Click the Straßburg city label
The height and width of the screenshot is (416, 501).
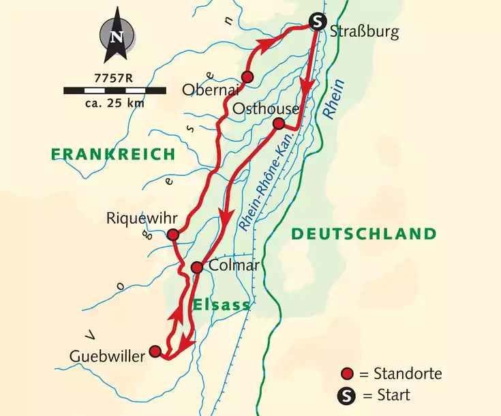pos(363,32)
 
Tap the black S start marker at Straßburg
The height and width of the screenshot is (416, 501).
pos(316,22)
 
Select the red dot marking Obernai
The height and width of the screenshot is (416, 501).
pos(247,77)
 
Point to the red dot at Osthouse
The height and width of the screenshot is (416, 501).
pos(278,123)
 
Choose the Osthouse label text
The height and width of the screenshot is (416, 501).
pos(265,109)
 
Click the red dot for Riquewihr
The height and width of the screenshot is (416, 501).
pos(173,235)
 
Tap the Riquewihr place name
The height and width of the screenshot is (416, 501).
pos(142,218)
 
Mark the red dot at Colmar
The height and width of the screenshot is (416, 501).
pos(196,267)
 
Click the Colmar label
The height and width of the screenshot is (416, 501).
pos(234,265)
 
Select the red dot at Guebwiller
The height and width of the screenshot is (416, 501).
pos(155,351)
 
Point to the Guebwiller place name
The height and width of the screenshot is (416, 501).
pos(108,355)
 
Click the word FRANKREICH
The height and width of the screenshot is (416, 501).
pos(112,155)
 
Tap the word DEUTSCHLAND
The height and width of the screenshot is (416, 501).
pos(363,235)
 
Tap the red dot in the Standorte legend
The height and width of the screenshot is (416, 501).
pos(348,374)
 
